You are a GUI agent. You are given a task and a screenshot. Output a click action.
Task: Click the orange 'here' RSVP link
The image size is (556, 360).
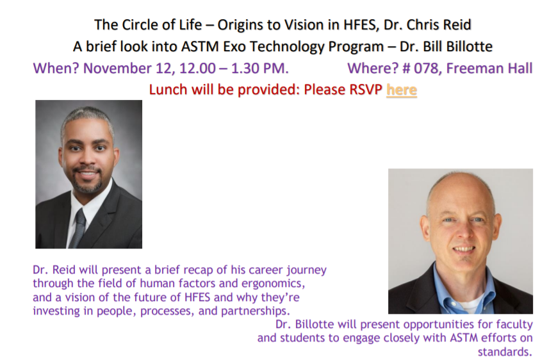402,90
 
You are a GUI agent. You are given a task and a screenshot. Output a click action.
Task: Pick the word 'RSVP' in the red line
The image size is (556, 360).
366,90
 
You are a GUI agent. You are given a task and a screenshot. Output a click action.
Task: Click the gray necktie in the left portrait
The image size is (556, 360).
78,228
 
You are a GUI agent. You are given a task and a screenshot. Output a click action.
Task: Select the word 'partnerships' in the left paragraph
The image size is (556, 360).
256,311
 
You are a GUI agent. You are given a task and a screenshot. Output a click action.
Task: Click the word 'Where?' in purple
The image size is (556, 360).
373,68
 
